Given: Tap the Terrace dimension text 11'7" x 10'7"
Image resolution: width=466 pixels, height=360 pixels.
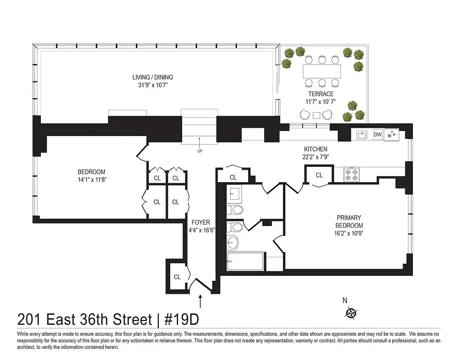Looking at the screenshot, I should (321, 102).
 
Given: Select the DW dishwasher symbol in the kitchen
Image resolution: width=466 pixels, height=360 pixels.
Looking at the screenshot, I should (377, 135).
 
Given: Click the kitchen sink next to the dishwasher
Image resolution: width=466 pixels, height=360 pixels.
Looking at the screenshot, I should (362, 135).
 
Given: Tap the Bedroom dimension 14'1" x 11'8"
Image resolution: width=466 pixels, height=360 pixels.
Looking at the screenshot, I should (91, 179).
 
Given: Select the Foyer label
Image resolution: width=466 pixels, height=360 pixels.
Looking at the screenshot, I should (200, 222).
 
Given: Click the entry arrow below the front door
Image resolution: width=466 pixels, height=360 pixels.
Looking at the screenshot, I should (201, 300).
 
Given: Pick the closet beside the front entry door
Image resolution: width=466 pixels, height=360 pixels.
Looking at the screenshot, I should (177, 277).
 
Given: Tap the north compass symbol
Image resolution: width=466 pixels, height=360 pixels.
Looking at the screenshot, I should (351, 312).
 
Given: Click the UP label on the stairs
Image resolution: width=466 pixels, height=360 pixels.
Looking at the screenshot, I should (199, 151).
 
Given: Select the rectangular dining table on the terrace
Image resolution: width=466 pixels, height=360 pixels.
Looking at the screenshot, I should (322, 71).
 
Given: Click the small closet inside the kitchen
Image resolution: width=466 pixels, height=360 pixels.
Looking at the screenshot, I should (319, 175).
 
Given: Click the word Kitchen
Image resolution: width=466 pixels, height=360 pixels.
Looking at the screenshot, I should (315, 149).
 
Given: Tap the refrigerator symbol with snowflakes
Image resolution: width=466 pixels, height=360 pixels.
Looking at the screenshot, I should (391, 135).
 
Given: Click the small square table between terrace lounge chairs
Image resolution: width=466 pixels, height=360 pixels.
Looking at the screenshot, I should (317, 115).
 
